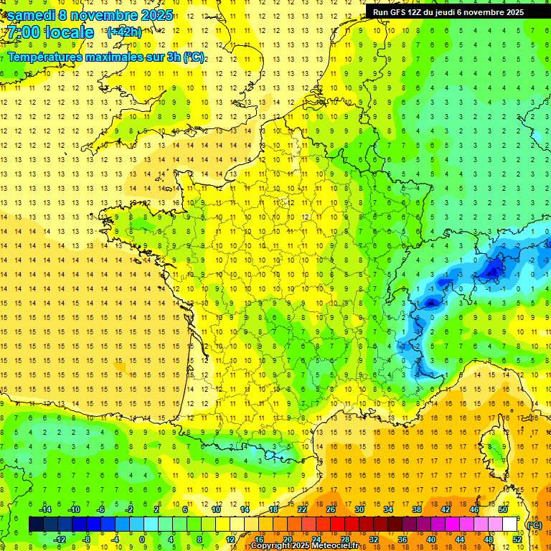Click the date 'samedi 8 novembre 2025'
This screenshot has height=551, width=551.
[x=90, y=15]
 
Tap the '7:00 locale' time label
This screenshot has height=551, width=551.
[x=50, y=32]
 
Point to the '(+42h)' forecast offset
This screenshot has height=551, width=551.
[x=124, y=32]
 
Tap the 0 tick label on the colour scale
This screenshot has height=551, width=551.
[x=143, y=539]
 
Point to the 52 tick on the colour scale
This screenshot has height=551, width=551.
[x=517, y=539]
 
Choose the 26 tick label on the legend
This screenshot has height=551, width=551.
[x=331, y=509]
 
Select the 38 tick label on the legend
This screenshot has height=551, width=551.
[x=417, y=509]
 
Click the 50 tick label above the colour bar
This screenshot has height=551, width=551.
[x=503, y=509]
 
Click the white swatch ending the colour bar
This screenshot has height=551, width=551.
[x=510, y=524]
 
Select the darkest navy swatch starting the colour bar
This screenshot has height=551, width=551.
[x=36, y=524]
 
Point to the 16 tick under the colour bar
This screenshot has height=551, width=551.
[x=259, y=539]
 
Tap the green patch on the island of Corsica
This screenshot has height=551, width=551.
[x=496, y=450]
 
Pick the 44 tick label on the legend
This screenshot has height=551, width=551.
[x=460, y=539]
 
